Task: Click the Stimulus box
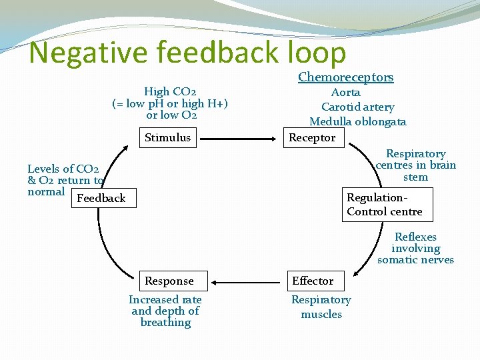(x=168, y=138)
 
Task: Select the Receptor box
(x=312, y=138)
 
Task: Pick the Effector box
(x=313, y=281)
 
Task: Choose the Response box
(x=169, y=281)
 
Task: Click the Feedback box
(x=101, y=198)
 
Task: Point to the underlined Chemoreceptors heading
(x=345, y=77)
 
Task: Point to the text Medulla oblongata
(x=357, y=121)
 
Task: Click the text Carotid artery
(x=357, y=107)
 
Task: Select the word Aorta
(x=345, y=93)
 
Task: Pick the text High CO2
(x=170, y=91)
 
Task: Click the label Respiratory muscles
(x=321, y=307)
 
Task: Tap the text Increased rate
(x=165, y=300)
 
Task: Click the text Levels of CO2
(x=63, y=169)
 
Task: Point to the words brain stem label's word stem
(x=415, y=177)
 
